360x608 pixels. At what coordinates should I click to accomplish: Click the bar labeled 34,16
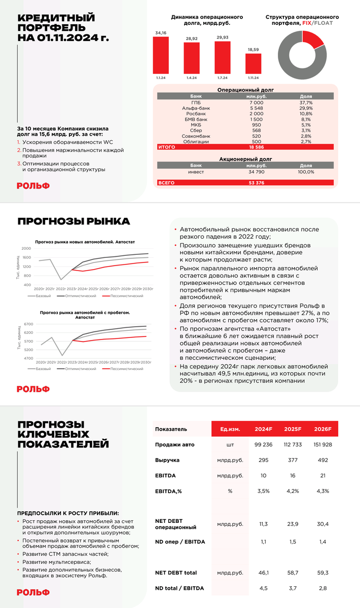[161, 55]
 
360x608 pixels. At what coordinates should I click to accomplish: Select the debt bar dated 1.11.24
[253, 64]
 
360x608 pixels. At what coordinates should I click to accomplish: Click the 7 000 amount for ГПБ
[257, 103]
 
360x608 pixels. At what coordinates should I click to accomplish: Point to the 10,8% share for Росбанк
[306, 114]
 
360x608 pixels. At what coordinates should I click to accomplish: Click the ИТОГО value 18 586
[257, 147]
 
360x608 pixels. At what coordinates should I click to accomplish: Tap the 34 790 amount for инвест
[257, 172]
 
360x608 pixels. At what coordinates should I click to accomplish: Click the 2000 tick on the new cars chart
[26, 249]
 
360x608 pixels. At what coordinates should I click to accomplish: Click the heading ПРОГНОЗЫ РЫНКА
[74, 221]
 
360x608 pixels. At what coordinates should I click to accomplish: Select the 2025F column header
[292, 429]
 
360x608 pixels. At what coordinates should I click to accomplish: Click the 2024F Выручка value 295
[263, 460]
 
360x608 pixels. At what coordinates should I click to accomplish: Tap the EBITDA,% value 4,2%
[292, 491]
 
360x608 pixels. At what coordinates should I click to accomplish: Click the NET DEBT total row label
[176, 573]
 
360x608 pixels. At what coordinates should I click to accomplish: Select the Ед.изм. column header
[230, 429]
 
